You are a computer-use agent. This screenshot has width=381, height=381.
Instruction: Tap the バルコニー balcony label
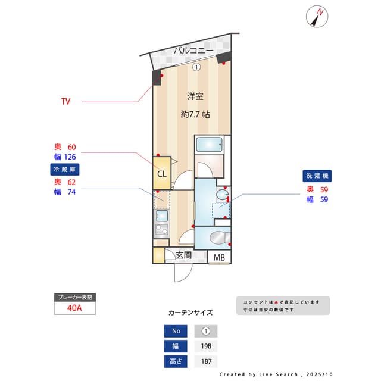pos(193,51)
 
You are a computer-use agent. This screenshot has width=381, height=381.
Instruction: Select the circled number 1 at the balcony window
pos(196,67)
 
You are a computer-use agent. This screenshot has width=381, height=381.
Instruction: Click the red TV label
pos(65,102)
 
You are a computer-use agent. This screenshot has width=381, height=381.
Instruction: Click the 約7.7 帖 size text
pos(195,114)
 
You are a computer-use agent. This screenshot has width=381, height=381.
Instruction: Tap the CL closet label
pos(162,174)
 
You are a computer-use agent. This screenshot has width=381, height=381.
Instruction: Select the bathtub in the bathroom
pos(209,145)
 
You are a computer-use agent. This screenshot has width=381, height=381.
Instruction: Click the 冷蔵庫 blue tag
pos(65,170)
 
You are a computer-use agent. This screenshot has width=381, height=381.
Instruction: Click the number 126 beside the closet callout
pos(70,157)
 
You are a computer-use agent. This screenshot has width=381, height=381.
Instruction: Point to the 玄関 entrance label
pos(183,256)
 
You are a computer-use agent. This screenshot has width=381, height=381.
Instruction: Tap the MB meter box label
pos(220,258)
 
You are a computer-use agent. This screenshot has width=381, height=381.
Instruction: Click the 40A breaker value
pos(75,309)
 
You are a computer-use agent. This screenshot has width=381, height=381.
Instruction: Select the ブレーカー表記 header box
pos(75,297)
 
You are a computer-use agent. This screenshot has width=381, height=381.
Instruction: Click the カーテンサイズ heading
pos(190,312)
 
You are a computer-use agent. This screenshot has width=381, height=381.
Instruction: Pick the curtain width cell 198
pos(206,346)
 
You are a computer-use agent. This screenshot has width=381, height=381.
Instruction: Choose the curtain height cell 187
pos(206,361)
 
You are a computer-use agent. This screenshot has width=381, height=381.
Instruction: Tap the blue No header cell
pos(176,332)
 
